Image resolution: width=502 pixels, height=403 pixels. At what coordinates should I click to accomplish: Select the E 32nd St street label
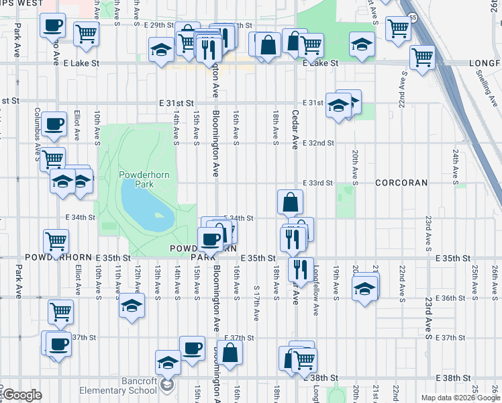(x=317, y=143)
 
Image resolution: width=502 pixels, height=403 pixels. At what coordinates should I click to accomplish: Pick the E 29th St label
(x=149, y=25)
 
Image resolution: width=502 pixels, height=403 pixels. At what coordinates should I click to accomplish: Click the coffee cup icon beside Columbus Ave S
(x=53, y=124)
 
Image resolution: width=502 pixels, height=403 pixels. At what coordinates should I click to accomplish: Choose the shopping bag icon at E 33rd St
(x=290, y=201)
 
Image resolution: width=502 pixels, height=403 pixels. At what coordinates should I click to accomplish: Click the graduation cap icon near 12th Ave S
(x=132, y=306)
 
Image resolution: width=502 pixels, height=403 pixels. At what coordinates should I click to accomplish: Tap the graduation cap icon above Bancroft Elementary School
(x=168, y=362)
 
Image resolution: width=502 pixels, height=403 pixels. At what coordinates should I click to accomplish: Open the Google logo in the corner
(x=22, y=395)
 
